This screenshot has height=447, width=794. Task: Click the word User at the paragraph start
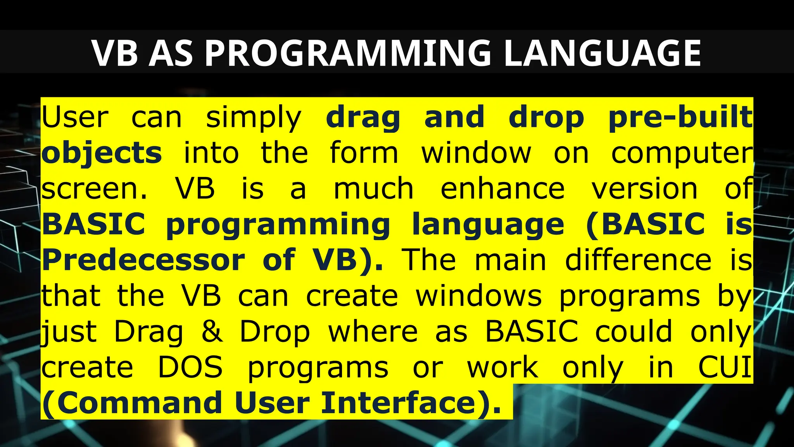pos(75,117)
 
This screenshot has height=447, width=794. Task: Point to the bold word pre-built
pos(680,117)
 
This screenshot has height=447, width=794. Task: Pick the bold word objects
pos(102,153)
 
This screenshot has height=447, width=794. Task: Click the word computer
pos(682,153)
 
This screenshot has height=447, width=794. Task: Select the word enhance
pos(502,189)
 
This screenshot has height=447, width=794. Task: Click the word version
pos(644,189)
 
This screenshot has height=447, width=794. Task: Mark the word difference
pos(638,260)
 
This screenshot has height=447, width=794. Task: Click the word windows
pos(479,296)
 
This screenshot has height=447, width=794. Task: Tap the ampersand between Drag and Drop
pos(212,332)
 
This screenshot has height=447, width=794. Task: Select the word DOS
pos(190,367)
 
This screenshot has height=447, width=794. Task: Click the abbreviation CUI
pos(724,367)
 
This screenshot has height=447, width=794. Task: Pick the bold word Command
pos(139,403)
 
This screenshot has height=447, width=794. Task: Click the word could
pos(633,332)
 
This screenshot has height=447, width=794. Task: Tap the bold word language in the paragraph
pos(488,224)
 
